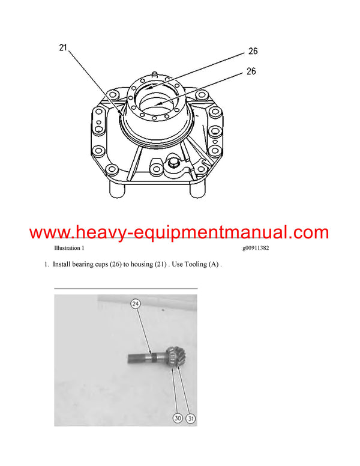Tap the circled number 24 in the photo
tap(136, 304)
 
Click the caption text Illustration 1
tap(69, 248)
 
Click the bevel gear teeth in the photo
tap(174, 357)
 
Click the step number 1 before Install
tap(46, 264)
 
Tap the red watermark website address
tap(179, 232)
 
